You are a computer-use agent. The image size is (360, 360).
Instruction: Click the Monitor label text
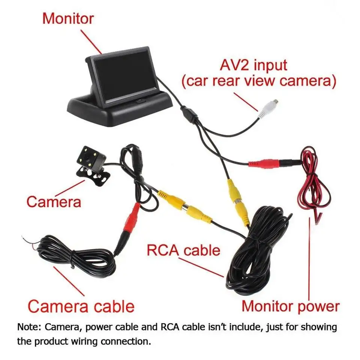click(x=67, y=19)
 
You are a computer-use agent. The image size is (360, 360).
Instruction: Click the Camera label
click(x=54, y=202)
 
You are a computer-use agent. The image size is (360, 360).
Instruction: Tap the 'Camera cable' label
click(x=81, y=306)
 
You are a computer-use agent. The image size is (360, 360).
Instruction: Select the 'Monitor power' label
click(x=290, y=306)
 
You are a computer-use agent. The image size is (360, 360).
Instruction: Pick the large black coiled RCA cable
click(x=259, y=255)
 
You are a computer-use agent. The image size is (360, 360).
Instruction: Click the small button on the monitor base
click(x=139, y=100)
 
